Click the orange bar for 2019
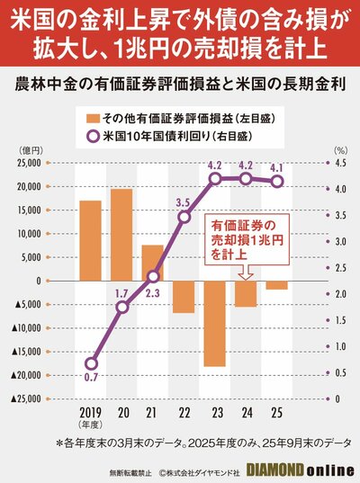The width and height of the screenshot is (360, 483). (90, 240)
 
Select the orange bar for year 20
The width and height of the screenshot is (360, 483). (121, 234)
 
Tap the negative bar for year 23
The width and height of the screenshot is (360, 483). (214, 323)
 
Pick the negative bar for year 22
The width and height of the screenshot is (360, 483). (184, 297)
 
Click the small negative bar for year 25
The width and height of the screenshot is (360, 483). (276, 285)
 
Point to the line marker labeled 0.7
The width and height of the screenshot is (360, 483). (91, 363)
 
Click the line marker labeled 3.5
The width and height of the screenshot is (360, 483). (184, 217)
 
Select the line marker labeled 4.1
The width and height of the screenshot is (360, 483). (277, 181)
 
